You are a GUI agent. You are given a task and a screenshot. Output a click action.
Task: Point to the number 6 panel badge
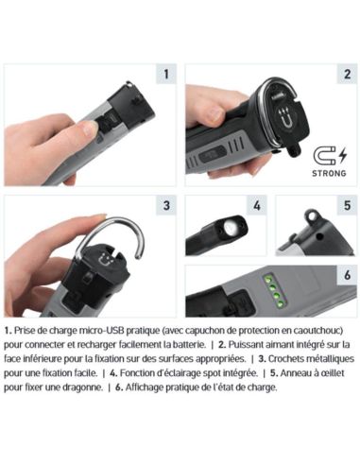[x=347, y=275]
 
